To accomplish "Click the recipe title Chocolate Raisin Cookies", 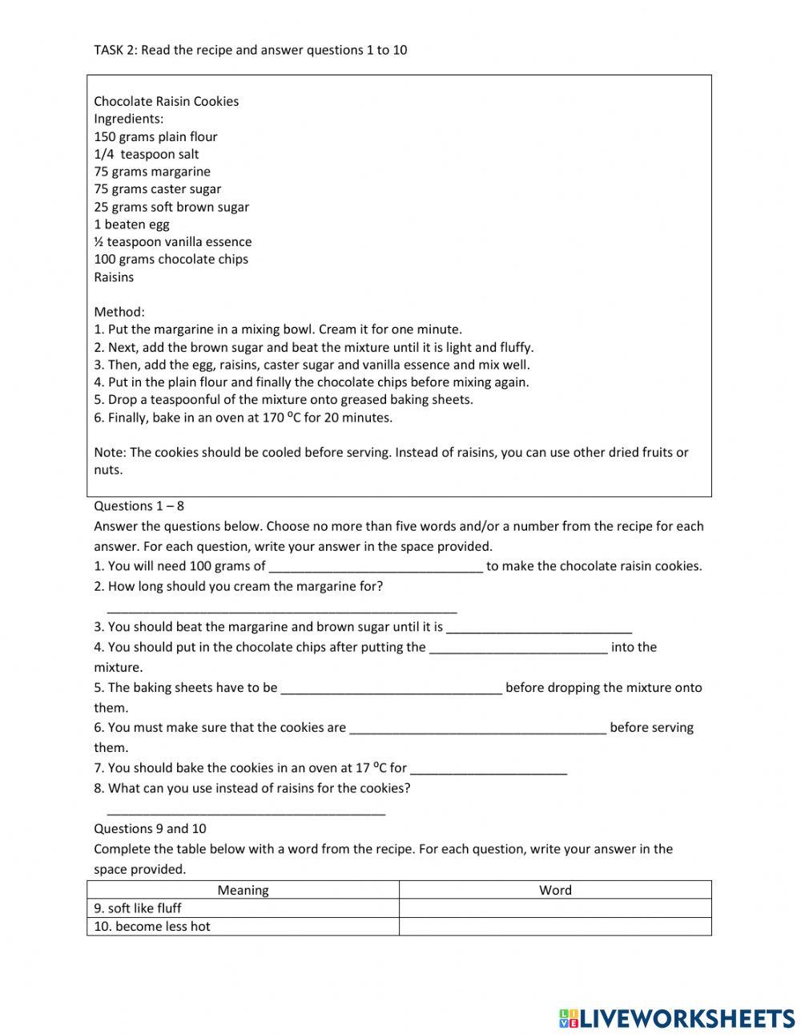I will [166, 101].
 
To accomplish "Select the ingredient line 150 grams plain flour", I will [155, 136].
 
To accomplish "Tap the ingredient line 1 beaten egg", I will [131, 224].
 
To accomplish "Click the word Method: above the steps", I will [119, 312].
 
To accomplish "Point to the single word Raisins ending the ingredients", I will [114, 277].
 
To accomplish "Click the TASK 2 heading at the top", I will [250, 50].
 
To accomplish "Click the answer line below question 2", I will [281, 609].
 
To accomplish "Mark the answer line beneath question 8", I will [246, 811].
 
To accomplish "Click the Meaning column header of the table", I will [243, 890].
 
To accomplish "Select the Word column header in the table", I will [555, 890].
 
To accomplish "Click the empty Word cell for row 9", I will [555, 908].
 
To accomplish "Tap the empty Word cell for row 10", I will [555, 927].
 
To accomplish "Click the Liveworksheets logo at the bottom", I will [677, 1018].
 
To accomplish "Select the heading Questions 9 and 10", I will [150, 829].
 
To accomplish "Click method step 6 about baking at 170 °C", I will [243, 418].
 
